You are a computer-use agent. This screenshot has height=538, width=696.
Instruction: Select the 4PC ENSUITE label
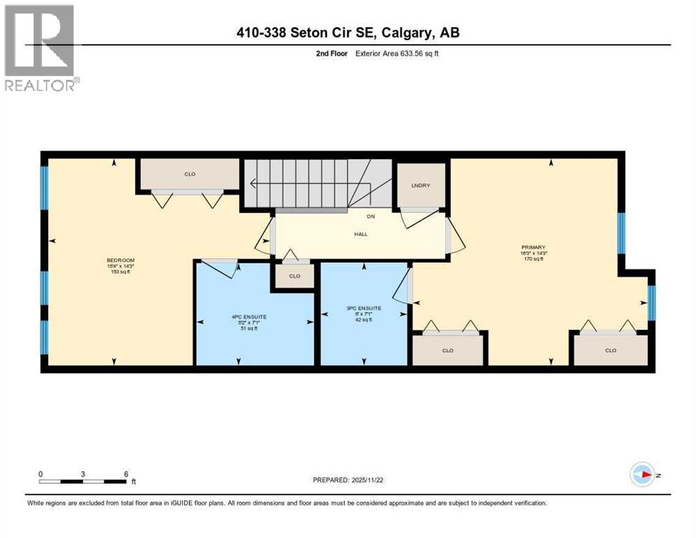[x=255, y=317]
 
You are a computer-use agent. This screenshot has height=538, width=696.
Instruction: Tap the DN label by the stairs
[x=370, y=216]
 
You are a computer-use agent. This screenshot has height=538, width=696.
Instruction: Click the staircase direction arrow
[x=252, y=185]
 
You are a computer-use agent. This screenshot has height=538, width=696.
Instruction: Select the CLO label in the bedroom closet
[x=189, y=174]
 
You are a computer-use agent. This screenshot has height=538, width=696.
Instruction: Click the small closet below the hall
[x=295, y=276]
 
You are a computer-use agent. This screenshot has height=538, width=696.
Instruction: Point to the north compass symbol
[x=642, y=474]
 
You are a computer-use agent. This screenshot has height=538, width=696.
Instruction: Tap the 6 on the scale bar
[x=125, y=474]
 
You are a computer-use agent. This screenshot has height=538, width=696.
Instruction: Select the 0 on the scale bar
[x=41, y=474]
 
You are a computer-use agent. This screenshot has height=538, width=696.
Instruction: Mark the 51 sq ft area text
[x=255, y=329]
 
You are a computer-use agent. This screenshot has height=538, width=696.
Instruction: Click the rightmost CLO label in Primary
[x=611, y=350]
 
